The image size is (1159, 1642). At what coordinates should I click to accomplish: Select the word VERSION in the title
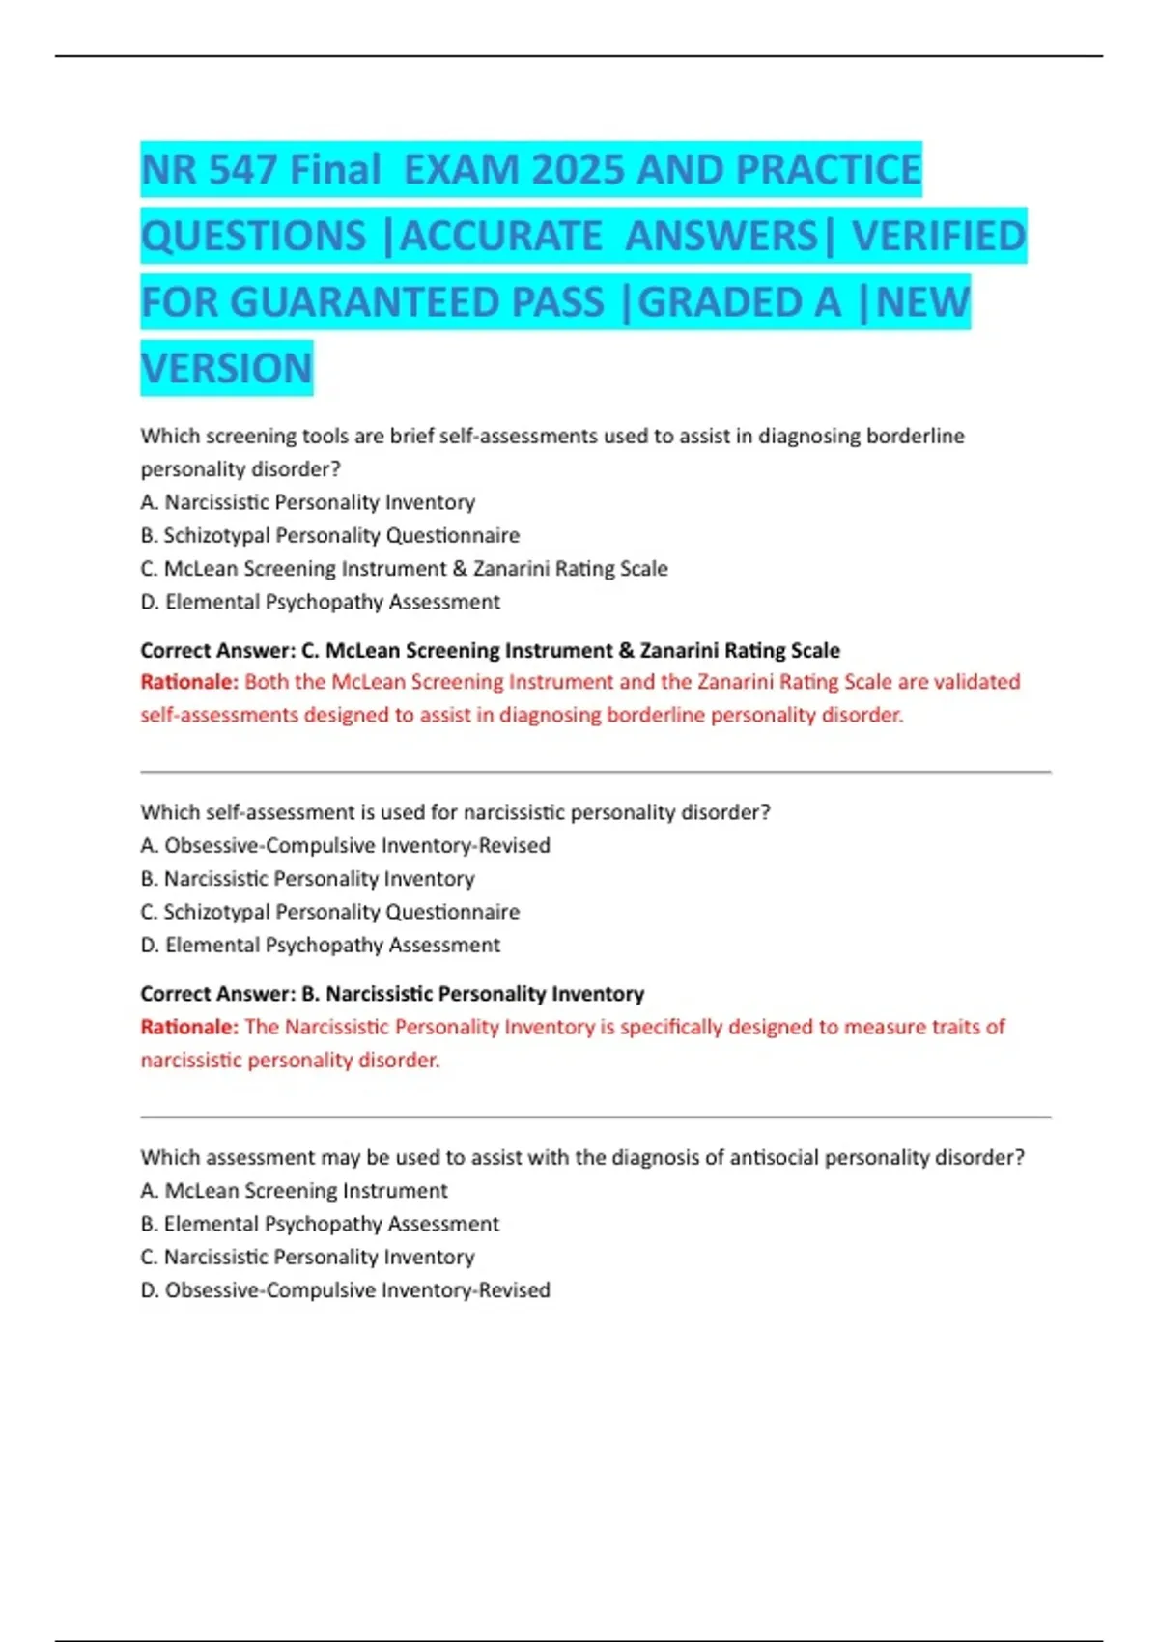(227, 369)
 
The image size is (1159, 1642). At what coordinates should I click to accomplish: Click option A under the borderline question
(308, 502)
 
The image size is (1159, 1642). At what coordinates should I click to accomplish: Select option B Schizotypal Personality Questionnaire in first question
(330, 535)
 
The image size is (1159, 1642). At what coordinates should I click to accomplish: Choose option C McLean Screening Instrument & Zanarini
(405, 568)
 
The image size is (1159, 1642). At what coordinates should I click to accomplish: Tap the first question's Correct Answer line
(490, 650)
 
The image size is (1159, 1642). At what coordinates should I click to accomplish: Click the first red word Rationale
(188, 682)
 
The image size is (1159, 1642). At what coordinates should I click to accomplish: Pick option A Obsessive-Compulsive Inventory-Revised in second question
(346, 845)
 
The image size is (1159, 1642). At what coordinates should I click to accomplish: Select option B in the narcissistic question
(308, 878)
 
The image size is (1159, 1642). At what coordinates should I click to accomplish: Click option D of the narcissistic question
(321, 945)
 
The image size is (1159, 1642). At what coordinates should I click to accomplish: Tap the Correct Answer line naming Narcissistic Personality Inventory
(392, 994)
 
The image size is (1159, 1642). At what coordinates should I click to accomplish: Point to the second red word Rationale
(188, 1027)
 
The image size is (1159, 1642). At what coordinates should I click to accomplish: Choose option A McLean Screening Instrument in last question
(295, 1190)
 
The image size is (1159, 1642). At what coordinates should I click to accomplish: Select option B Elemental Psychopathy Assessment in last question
(321, 1224)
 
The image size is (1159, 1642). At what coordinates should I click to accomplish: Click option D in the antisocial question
(346, 1289)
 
